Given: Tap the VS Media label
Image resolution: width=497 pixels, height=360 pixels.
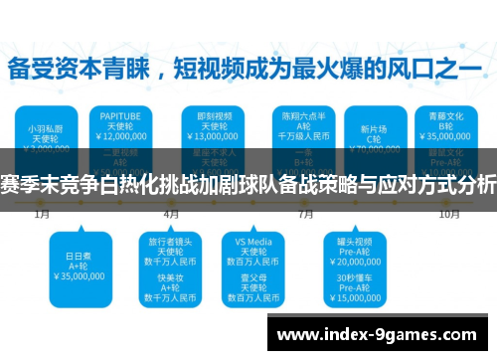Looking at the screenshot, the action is point(254,241).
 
